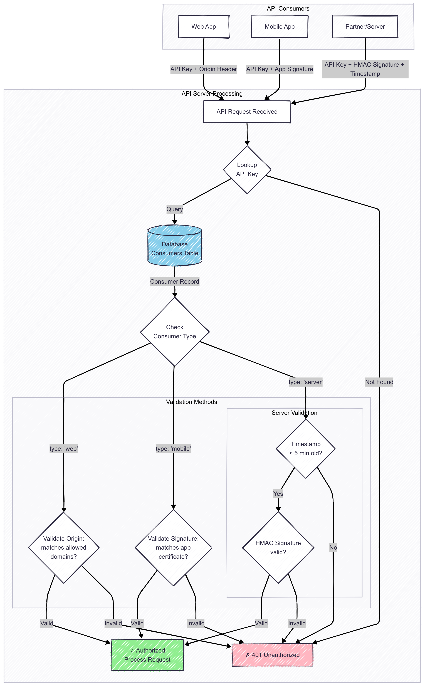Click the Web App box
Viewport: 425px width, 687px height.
point(204,27)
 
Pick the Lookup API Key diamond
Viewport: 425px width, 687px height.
point(247,169)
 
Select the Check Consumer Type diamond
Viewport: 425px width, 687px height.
point(175,332)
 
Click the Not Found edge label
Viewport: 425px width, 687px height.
point(379,382)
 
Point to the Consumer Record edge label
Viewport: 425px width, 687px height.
point(175,282)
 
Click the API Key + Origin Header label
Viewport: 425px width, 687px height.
point(204,69)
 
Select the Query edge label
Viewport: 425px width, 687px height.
point(175,209)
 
